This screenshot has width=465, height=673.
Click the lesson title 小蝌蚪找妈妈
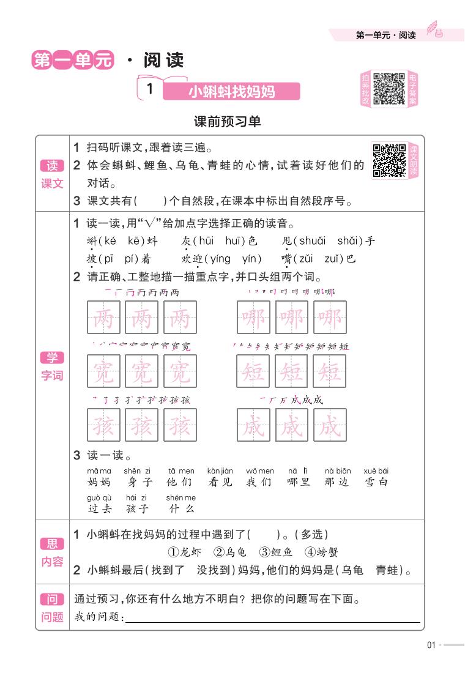coord(231,92)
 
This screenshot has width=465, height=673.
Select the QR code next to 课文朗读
coord(389,161)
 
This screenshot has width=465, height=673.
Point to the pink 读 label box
coord(52,166)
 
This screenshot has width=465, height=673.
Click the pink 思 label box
coord(52,544)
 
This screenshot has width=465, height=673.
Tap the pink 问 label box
coord(52,599)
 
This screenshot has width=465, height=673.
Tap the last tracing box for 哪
coord(330,318)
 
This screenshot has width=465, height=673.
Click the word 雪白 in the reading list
coord(376,482)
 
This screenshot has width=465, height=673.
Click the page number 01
coord(431,644)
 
